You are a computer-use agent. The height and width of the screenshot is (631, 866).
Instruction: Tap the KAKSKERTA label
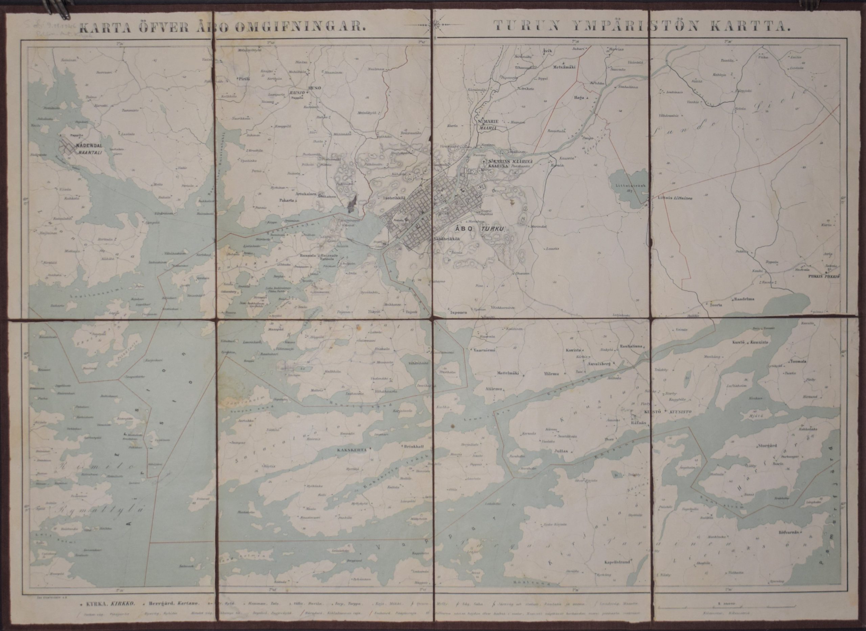pos(351,450)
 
